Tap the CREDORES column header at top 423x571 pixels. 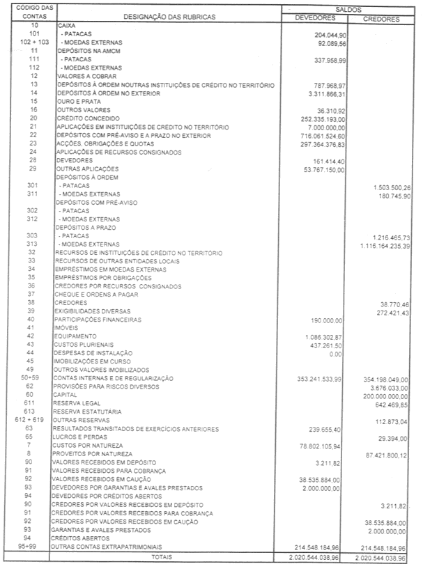[x=380, y=19]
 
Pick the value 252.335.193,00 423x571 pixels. [x=316, y=118]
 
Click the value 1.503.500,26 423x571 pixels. [x=389, y=186]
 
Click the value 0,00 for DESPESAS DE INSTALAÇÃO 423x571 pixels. [x=335, y=354]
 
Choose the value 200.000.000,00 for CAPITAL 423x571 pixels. [x=383, y=396]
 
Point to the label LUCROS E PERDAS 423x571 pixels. [x=79, y=437]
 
